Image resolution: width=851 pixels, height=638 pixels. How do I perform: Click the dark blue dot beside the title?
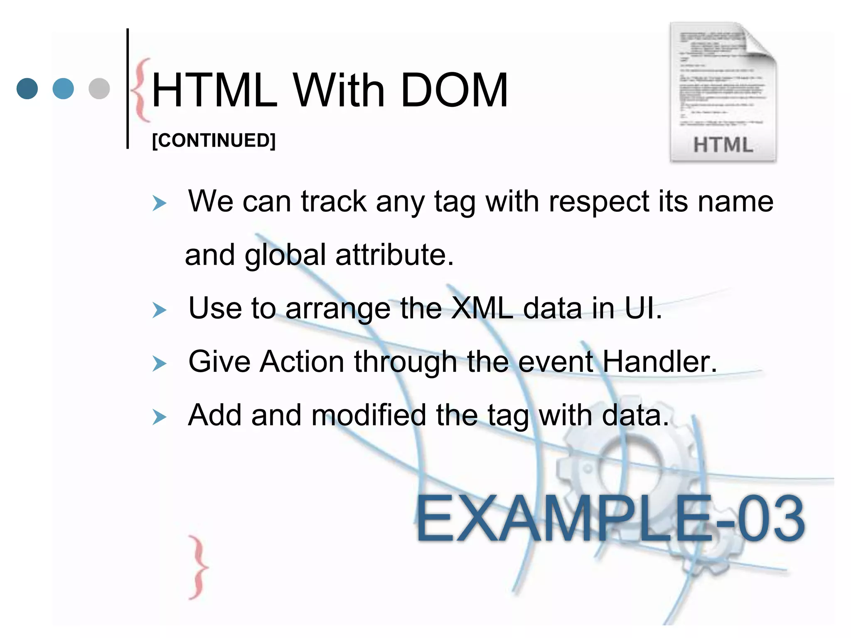(27, 88)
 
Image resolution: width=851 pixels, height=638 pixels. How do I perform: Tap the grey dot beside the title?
(99, 88)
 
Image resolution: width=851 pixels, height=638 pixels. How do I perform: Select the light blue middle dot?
(63, 88)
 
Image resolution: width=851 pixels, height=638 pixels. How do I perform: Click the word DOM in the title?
(454, 90)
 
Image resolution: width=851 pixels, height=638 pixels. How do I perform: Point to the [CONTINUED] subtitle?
(214, 140)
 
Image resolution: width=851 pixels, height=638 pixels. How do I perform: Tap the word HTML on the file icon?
(723, 145)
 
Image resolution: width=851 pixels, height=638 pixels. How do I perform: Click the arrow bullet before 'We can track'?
(159, 204)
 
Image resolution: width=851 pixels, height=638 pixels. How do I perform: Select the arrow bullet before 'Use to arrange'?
(159, 310)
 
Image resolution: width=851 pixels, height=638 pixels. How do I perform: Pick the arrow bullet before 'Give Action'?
(159, 363)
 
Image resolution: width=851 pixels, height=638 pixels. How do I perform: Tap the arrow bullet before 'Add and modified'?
(159, 417)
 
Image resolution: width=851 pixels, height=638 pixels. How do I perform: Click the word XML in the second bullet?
(482, 308)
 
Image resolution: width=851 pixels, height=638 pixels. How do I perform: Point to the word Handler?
(659, 361)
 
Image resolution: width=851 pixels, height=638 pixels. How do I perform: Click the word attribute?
(394, 255)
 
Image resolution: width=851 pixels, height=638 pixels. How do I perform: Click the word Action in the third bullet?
(302, 361)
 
